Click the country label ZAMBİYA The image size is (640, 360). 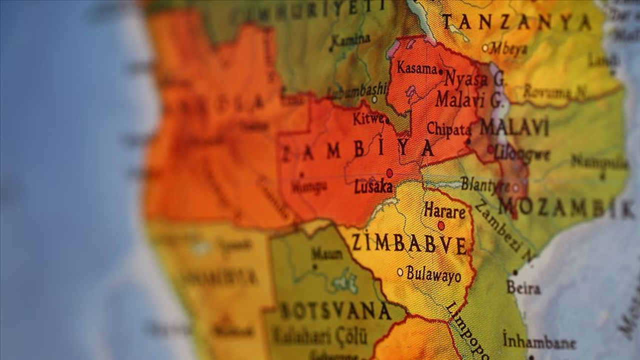(357, 150)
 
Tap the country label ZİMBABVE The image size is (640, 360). (409, 243)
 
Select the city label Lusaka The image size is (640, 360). (373, 187)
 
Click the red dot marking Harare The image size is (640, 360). (441, 225)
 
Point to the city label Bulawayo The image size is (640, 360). (433, 274)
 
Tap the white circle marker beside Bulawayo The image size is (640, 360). (400, 272)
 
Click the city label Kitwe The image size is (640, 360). (368, 119)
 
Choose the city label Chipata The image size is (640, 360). (448, 129)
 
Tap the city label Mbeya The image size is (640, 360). (508, 48)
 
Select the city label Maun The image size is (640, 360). (327, 254)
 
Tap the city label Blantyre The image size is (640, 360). (485, 184)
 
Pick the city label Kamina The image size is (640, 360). (350, 40)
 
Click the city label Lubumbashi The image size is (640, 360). (356, 91)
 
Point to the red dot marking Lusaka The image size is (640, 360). (389, 172)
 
